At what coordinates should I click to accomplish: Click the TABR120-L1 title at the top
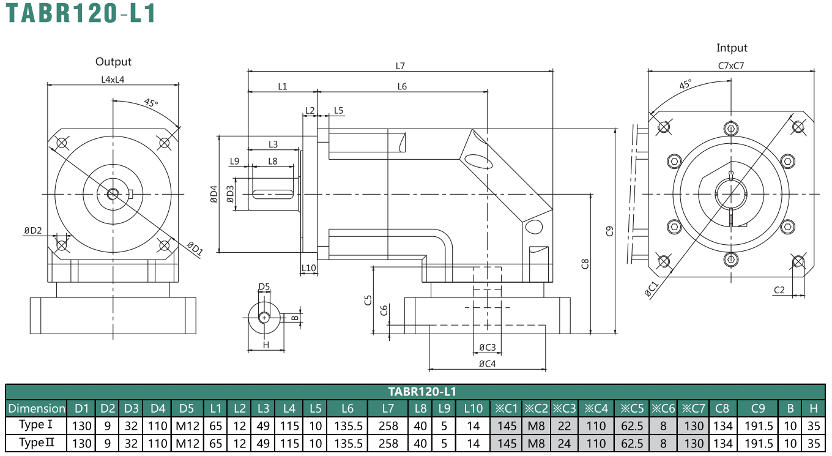click(x=81, y=13)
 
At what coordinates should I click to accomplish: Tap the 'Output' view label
click(x=113, y=62)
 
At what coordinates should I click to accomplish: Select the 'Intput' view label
click(x=732, y=48)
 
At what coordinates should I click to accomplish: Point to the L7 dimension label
click(x=400, y=66)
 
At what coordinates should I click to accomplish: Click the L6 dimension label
click(x=403, y=86)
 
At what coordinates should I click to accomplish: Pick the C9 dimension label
click(x=609, y=231)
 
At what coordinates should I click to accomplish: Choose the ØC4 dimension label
click(x=488, y=364)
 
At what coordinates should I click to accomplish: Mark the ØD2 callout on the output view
click(x=33, y=231)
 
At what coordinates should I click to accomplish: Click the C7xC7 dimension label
click(x=731, y=65)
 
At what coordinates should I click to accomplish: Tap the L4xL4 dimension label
click(x=113, y=80)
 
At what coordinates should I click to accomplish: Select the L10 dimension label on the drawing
click(x=309, y=268)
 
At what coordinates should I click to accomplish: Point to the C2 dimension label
click(x=779, y=290)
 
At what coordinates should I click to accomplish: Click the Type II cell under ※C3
click(x=564, y=443)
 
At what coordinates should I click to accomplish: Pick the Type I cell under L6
click(x=347, y=426)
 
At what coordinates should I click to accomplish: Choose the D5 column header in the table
click(x=187, y=408)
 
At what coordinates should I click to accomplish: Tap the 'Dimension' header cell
click(x=37, y=408)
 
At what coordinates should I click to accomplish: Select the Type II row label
click(x=37, y=443)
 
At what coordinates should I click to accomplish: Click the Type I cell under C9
click(x=758, y=426)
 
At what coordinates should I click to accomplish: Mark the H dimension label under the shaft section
click(x=266, y=345)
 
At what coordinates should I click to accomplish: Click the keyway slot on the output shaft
click(x=273, y=195)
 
